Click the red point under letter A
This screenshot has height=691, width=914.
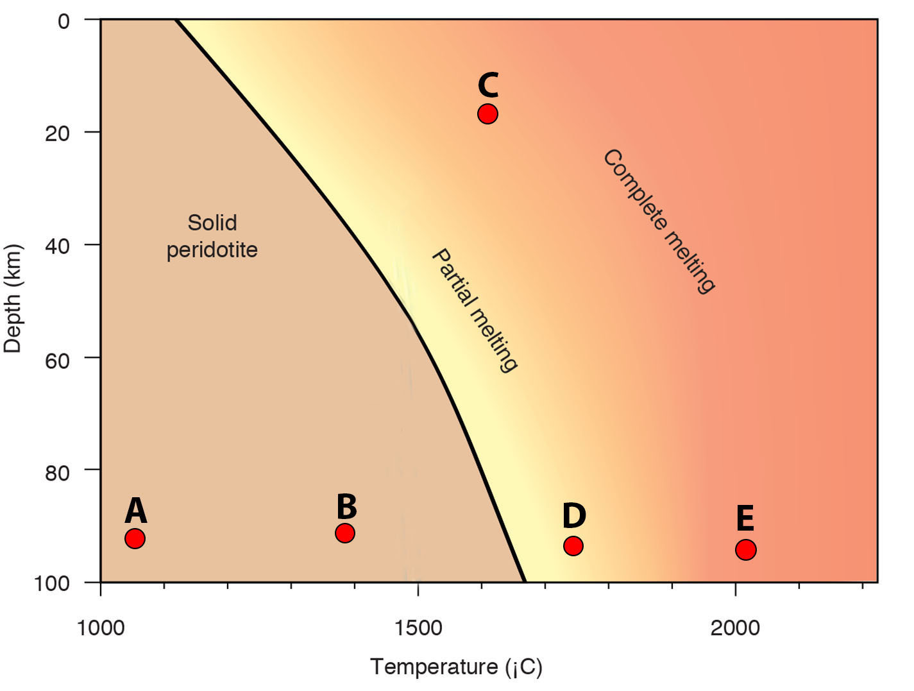135,538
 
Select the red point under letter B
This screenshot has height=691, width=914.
345,533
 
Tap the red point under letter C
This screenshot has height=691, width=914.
488,114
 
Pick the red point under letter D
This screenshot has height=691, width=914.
573,546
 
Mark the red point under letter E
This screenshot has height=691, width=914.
745,549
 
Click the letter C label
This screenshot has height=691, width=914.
488,85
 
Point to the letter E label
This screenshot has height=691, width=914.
745,518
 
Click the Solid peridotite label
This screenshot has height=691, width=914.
212,236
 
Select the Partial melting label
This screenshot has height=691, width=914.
475,310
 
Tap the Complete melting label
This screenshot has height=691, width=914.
659,221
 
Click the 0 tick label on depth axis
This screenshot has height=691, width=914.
63,22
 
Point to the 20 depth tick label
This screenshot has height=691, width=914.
57,134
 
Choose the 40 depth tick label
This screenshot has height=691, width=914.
57,247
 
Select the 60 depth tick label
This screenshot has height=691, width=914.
57,360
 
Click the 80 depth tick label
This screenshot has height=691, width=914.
57,473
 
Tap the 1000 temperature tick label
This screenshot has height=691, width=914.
101,627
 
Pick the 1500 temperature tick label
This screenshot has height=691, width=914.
418,627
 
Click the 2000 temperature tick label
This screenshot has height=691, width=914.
735,627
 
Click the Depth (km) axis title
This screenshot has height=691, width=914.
13,298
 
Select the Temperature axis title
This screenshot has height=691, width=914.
456,667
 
